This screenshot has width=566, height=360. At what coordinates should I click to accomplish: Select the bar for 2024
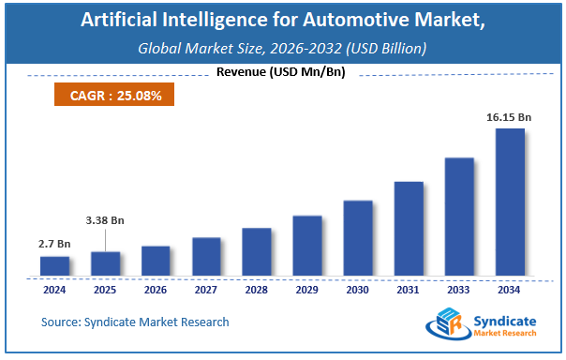pyautogui.click(x=55, y=266)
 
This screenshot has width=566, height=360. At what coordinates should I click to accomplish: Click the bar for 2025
pyautogui.click(x=105, y=263)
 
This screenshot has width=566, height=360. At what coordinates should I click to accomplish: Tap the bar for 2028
pyautogui.click(x=257, y=252)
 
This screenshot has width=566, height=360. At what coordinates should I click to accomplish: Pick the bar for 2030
pyautogui.click(x=358, y=238)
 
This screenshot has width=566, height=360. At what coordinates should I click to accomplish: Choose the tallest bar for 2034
pyautogui.click(x=510, y=202)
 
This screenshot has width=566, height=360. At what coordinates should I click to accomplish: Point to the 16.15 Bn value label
pyautogui.click(x=510, y=119)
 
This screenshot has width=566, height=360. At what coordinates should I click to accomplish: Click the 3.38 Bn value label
pyautogui.click(x=105, y=220)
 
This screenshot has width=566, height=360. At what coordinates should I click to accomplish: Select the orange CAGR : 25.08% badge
pyautogui.click(x=109, y=95)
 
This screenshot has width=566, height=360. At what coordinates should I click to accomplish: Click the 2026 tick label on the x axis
pyautogui.click(x=156, y=290)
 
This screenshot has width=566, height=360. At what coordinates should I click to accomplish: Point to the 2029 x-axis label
pyautogui.click(x=307, y=290)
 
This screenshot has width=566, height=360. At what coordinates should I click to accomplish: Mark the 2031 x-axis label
pyautogui.click(x=409, y=290)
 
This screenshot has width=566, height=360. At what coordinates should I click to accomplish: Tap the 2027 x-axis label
pyautogui.click(x=206, y=290)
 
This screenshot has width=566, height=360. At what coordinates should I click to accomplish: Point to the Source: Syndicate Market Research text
pyautogui.click(x=135, y=322)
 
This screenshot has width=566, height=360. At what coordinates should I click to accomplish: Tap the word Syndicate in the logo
pyautogui.click(x=507, y=319)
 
